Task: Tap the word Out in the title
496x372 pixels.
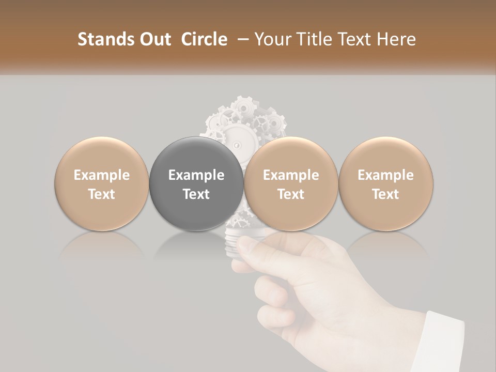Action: pyautogui.click(x=154, y=40)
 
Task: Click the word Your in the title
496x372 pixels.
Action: pyautogui.click(x=270, y=40)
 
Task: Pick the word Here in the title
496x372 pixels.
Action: pyautogui.click(x=398, y=40)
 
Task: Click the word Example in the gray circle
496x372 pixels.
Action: pyautogui.click(x=196, y=175)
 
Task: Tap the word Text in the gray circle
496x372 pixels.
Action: pyautogui.click(x=196, y=194)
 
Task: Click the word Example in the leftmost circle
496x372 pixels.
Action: pyautogui.click(x=101, y=175)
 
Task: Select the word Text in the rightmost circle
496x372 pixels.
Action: pyautogui.click(x=386, y=194)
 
